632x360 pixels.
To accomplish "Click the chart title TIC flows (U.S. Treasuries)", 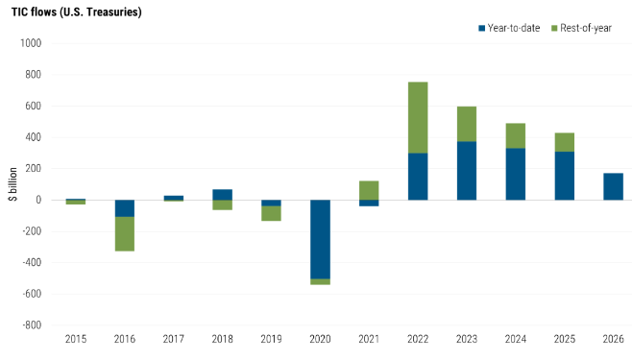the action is click(77, 12).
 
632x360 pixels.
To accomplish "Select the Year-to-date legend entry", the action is click(509, 28).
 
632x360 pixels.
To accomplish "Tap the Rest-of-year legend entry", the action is click(581, 28).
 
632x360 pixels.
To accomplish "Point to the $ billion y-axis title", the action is click(13, 184).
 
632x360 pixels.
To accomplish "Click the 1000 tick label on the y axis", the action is click(31, 43).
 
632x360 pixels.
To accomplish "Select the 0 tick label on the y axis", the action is click(38, 200).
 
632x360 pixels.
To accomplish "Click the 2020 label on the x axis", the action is click(320, 339).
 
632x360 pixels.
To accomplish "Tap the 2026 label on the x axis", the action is click(613, 339).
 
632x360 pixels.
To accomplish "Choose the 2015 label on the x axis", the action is click(76, 339).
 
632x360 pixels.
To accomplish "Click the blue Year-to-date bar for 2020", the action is click(320, 239).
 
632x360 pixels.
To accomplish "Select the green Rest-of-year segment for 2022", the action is click(418, 117).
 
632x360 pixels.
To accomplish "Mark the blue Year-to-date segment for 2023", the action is click(467, 171).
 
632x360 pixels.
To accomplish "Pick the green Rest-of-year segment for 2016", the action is click(125, 234).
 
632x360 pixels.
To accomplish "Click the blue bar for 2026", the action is click(613, 186).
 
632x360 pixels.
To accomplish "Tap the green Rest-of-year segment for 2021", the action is click(369, 190).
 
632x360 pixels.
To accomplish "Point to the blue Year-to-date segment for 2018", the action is click(223, 195).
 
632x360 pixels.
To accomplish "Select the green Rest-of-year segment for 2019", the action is click(271, 213).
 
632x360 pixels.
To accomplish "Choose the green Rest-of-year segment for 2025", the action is click(565, 142).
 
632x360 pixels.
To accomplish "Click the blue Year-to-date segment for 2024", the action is click(516, 174).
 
